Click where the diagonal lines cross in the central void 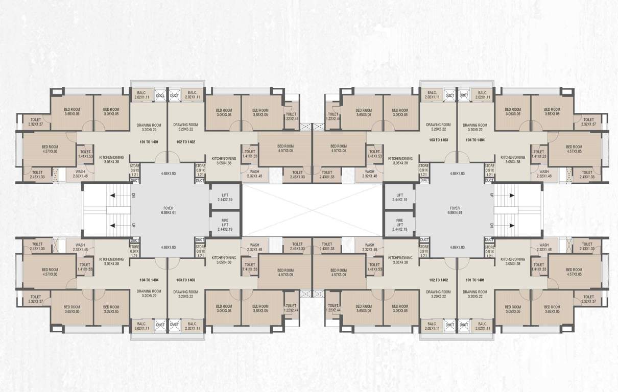click(313, 209)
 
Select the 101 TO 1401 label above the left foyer click(149, 141)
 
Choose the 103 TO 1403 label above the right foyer click(438, 139)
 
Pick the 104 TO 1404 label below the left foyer click(149, 280)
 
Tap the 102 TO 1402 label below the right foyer click(438, 280)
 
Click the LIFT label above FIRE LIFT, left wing click(225, 195)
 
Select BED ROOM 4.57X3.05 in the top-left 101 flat click(50, 149)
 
